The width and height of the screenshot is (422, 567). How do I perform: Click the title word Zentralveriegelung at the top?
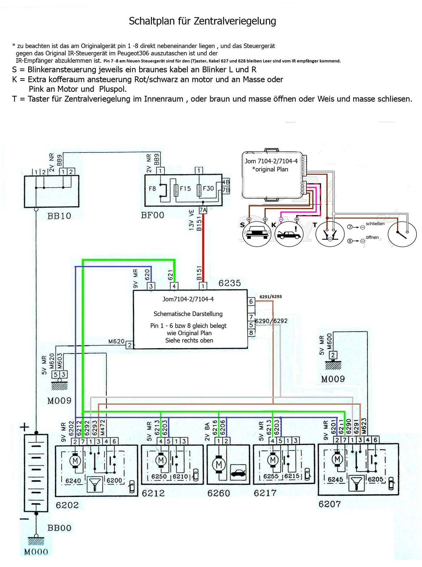coord(235,21)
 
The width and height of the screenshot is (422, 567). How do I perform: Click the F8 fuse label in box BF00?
coord(152,189)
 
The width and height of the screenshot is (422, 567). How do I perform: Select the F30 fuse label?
coord(208,189)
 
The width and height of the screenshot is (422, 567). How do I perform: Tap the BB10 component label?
coord(59,216)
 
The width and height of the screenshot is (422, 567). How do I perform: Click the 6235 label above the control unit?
coord(229,283)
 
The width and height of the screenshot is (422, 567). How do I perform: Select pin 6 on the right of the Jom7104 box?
coord(251,302)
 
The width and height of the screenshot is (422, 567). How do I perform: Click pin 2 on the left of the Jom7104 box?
coord(129,345)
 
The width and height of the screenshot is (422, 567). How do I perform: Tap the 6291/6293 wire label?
coord(271,297)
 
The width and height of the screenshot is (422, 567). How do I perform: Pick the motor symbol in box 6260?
coord(218,464)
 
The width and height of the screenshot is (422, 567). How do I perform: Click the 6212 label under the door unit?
coord(153,493)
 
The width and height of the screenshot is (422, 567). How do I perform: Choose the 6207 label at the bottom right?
coord(330,504)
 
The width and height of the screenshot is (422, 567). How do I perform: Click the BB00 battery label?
coord(59,528)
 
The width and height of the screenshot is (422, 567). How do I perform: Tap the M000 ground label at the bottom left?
coord(36,552)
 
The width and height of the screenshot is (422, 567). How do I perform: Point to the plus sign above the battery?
coord(24,428)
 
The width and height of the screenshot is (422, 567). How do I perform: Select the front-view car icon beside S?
coord(257,233)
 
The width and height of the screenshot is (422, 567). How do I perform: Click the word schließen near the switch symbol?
coord(375,224)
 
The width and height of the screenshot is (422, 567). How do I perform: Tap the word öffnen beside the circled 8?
coord(372,237)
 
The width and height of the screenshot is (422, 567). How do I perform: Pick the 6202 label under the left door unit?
coord(67,505)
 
